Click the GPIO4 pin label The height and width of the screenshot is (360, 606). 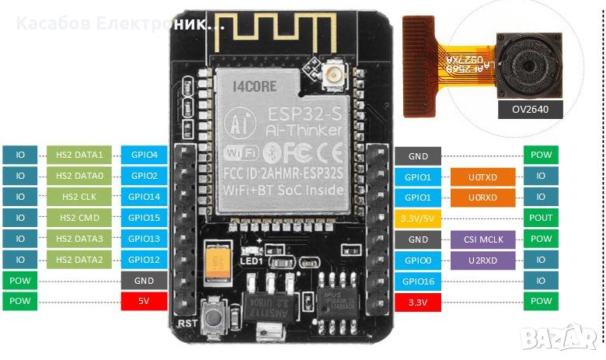click(x=144, y=155)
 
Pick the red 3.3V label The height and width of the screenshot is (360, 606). click(x=418, y=302)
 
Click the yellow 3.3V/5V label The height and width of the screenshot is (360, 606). click(x=418, y=218)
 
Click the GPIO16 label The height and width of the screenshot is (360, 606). click(x=418, y=281)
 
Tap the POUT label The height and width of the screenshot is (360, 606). click(x=541, y=218)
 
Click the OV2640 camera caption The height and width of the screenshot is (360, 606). click(x=529, y=110)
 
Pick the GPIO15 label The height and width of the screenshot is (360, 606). click(x=144, y=218)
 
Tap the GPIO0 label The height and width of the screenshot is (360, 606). click(x=418, y=260)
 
